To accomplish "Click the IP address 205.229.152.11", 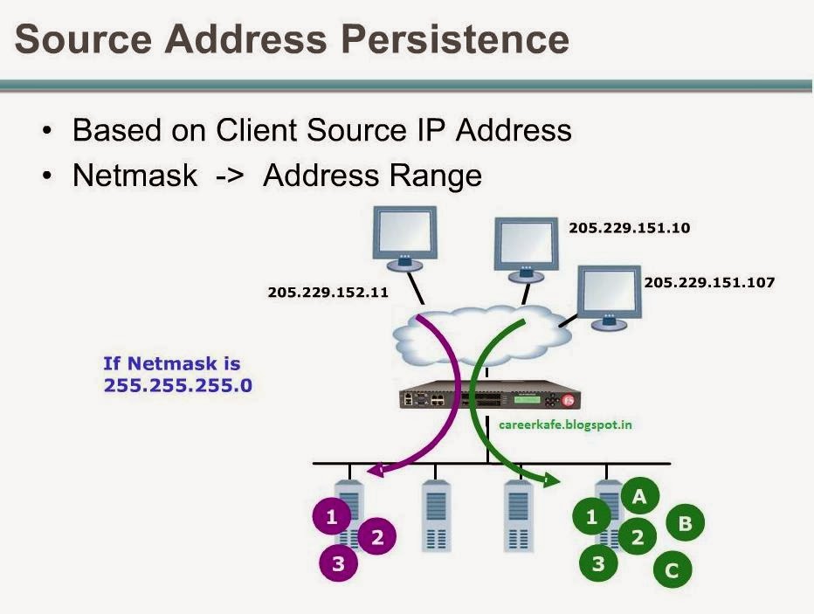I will pyautogui.click(x=328, y=292).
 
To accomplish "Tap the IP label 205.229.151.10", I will pyautogui.click(x=629, y=228).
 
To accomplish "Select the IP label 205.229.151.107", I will pyautogui.click(x=709, y=283).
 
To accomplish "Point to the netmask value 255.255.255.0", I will pyautogui.click(x=178, y=384).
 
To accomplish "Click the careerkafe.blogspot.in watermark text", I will pyautogui.click(x=565, y=424).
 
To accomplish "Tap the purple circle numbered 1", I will pyautogui.click(x=331, y=517).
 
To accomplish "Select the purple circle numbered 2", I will pyautogui.click(x=377, y=537).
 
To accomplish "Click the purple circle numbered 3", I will pyautogui.click(x=339, y=564).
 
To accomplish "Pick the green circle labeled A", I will pyautogui.click(x=639, y=497).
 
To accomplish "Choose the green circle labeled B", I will pyautogui.click(x=685, y=523).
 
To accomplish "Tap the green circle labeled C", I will pyautogui.click(x=672, y=571).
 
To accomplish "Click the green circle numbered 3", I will pyautogui.click(x=598, y=563).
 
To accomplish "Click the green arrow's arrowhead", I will pyautogui.click(x=552, y=479).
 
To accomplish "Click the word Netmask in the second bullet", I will pyautogui.click(x=135, y=175).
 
